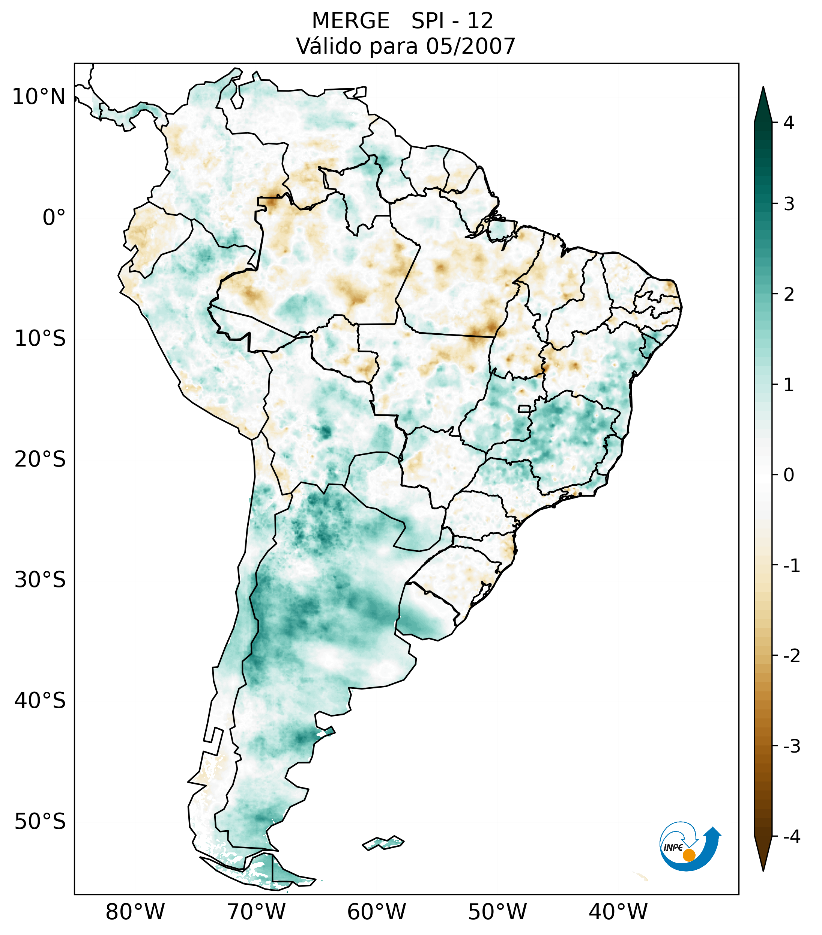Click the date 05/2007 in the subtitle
pyautogui.click(x=470, y=46)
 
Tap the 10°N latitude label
pyautogui.click(x=39, y=97)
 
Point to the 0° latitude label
pyautogui.click(x=54, y=218)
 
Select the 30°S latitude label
pyautogui.click(x=40, y=580)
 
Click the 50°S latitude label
pyautogui.click(x=40, y=822)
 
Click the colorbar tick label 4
pyautogui.click(x=789, y=123)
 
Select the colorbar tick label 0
pyautogui.click(x=789, y=475)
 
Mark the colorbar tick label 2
pyautogui.click(x=789, y=295)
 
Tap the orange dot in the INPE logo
pyautogui.click(x=688, y=855)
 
